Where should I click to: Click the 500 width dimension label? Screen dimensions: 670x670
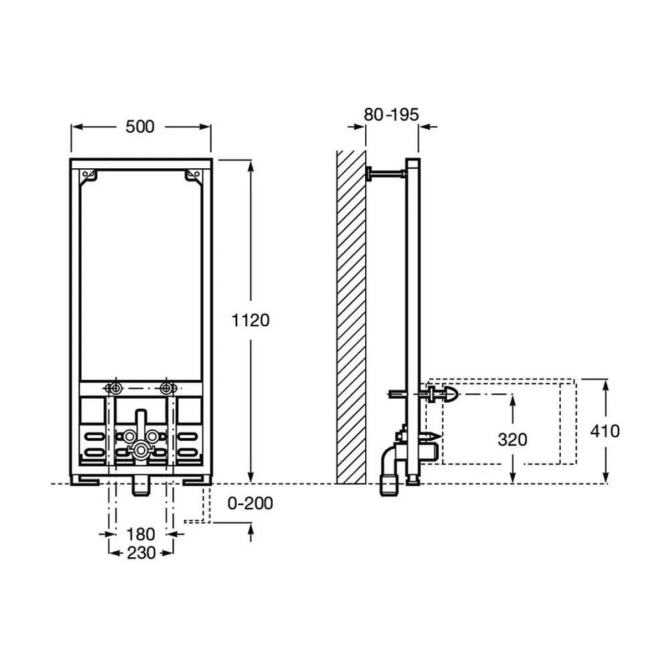pos(140,127)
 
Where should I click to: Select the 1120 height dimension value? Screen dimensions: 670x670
pos(251,320)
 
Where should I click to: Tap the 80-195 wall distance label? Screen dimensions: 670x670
pos(391,115)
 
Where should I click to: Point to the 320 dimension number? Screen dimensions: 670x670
pos(513,440)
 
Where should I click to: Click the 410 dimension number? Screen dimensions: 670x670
pos(604,431)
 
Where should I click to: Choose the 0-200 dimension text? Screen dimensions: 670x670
pos(250,503)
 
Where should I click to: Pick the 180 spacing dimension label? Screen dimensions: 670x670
pos(141,534)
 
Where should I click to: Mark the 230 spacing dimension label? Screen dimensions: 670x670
pos(141,553)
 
